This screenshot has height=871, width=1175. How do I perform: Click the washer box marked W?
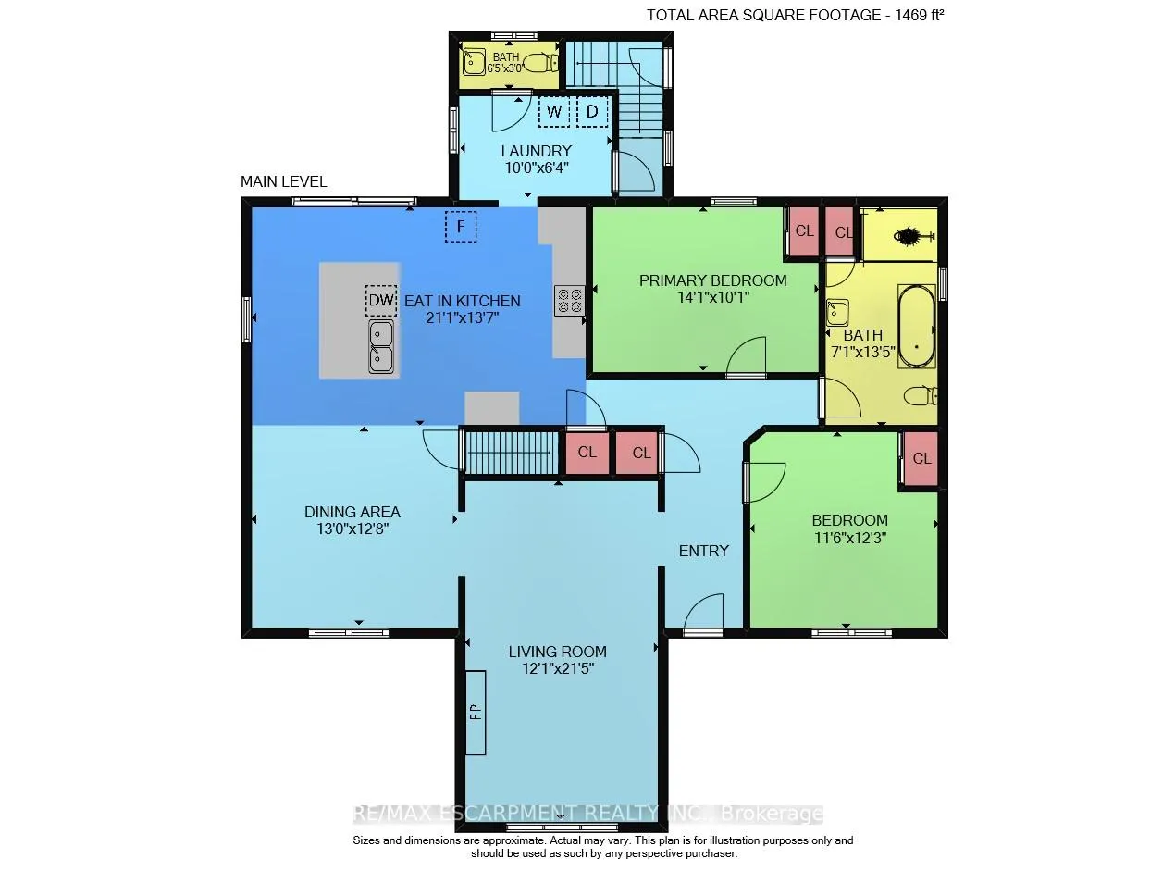[553, 112]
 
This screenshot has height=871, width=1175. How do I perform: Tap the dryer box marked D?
[592, 112]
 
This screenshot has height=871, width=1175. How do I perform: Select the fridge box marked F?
[461, 227]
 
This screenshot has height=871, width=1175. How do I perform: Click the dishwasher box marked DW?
[381, 301]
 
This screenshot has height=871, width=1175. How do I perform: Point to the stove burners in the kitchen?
[569, 301]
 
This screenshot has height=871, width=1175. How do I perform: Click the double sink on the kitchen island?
[381, 347]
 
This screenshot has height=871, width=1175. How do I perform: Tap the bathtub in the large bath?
[916, 326]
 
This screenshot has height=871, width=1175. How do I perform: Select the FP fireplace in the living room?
[476, 712]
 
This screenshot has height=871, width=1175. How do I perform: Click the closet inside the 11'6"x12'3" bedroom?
[921, 458]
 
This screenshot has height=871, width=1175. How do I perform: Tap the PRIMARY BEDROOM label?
[712, 280]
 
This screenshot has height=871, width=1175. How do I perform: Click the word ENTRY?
[703, 551]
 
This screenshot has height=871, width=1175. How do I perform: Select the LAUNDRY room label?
[536, 151]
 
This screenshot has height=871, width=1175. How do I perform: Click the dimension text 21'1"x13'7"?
[462, 318]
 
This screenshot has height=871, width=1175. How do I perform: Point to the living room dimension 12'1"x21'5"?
[557, 669]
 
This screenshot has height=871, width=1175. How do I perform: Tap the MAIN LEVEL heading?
[283, 181]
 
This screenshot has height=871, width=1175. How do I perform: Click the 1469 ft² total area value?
[919, 15]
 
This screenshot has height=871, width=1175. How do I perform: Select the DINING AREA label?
[352, 512]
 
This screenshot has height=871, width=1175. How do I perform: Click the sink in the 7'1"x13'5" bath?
[837, 312]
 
